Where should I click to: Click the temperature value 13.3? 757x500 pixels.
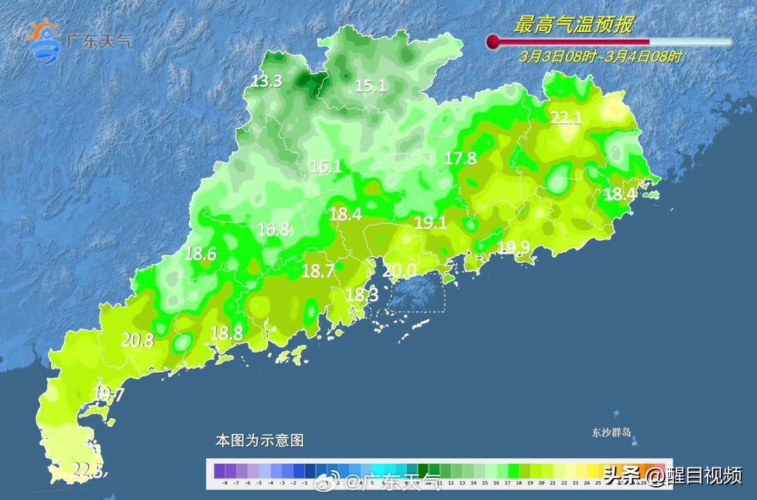pyautogui.click(x=267, y=81)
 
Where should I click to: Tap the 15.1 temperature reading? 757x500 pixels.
pyautogui.click(x=370, y=86)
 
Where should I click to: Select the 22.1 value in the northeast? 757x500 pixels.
pyautogui.click(x=566, y=118)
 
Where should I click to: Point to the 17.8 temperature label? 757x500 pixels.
pyautogui.click(x=460, y=158)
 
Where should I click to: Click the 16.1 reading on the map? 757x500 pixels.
pyautogui.click(x=326, y=167)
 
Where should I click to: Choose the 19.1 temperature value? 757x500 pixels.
pyautogui.click(x=431, y=223)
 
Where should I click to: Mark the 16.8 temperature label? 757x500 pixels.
pyautogui.click(x=274, y=229)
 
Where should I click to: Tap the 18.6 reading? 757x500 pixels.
pyautogui.click(x=201, y=254)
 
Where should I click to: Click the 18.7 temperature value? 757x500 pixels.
pyautogui.click(x=318, y=272)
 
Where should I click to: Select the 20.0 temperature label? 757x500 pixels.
pyautogui.click(x=400, y=270)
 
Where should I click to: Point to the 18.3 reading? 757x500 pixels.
pyautogui.click(x=362, y=295)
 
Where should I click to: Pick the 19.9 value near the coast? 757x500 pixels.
pyautogui.click(x=513, y=247)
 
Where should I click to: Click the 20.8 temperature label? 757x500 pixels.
pyautogui.click(x=138, y=340)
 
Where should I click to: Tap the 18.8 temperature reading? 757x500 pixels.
pyautogui.click(x=226, y=333)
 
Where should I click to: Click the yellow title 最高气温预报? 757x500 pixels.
pyautogui.click(x=573, y=25)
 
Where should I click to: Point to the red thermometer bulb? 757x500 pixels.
pyautogui.click(x=494, y=42)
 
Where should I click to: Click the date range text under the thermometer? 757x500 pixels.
pyautogui.click(x=601, y=57)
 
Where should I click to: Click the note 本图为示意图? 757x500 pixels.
pyautogui.click(x=259, y=440)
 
